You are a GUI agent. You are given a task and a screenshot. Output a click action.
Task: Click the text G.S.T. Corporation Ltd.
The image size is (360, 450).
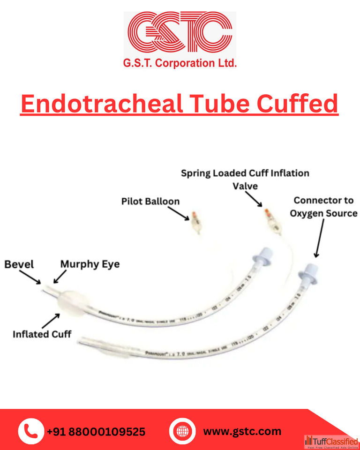pyautogui.click(x=180, y=63)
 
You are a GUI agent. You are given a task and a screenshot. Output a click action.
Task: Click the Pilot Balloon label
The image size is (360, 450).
pyautogui.click(x=150, y=202)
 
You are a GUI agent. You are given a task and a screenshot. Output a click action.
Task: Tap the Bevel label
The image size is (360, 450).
pyautogui.click(x=19, y=264)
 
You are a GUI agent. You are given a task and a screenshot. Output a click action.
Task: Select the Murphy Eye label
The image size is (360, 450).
pyautogui.click(x=90, y=264)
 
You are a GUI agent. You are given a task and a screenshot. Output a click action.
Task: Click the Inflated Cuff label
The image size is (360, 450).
pyautogui.click(x=42, y=335)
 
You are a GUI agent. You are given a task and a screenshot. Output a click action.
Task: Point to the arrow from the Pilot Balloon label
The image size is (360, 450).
pyautogui.click(x=178, y=214)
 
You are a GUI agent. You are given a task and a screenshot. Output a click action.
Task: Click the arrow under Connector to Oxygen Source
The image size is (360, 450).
pyautogui.click(x=319, y=239)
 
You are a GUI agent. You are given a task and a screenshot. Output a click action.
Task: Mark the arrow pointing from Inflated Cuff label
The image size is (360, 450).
pyautogui.click(x=51, y=321)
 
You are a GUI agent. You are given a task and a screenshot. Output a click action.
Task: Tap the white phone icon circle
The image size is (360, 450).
pyautogui.click(x=31, y=431)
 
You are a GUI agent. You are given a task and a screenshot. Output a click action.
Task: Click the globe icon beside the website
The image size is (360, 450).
pyautogui.click(x=182, y=431)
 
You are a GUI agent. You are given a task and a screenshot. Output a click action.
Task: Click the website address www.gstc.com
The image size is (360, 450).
pyautogui.click(x=242, y=431)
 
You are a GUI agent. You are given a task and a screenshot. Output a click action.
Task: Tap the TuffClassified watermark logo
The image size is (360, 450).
pyautogui.click(x=331, y=442)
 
